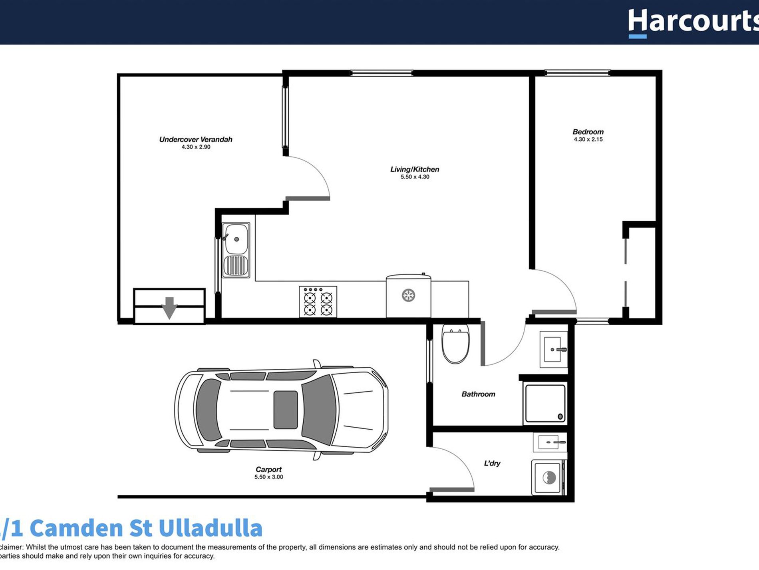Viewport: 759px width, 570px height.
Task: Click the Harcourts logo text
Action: (693, 22)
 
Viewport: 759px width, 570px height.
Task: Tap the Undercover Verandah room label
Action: (196, 139)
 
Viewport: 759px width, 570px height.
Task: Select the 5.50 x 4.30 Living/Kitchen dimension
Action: (415, 177)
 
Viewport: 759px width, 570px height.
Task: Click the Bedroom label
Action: (588, 132)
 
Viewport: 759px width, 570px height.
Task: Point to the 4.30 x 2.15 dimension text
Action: (588, 139)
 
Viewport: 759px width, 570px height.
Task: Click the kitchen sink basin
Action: (236, 239)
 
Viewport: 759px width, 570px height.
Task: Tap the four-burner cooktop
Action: (318, 302)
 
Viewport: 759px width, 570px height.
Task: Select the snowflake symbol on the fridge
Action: (408, 295)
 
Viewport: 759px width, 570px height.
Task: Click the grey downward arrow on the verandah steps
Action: (169, 308)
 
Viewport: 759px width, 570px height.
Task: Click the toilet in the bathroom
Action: (455, 344)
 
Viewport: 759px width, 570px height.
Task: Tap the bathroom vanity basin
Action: (553, 349)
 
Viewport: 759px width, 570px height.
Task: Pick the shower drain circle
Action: (560, 416)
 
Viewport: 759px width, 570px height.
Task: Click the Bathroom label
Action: (478, 394)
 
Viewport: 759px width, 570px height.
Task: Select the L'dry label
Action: (492, 463)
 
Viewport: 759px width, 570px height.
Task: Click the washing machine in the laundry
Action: (548, 477)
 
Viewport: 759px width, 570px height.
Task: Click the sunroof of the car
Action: (285, 410)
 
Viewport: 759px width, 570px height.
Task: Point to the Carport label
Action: (268, 469)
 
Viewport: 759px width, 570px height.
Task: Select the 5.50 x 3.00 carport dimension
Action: (268, 477)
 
